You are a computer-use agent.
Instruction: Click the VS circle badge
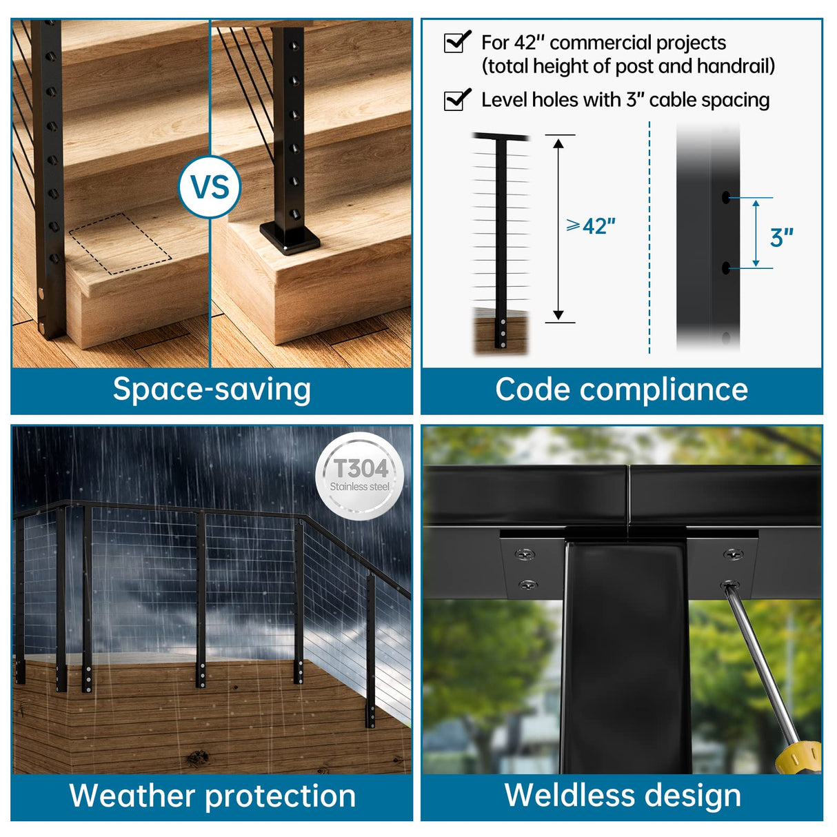coord(210,187)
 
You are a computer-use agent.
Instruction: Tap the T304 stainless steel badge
coord(359,476)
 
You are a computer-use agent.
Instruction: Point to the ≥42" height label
coord(591,226)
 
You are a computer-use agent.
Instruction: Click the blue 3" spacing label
coord(781,238)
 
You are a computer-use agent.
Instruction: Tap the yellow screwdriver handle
coord(800,757)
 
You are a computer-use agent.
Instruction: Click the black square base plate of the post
coord(290,238)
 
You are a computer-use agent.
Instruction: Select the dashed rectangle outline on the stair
coord(120,243)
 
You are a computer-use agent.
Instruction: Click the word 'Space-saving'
coord(212,390)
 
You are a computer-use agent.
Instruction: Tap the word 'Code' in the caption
coord(533,390)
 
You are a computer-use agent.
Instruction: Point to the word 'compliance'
coord(663,390)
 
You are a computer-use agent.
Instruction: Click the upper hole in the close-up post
coord(725,198)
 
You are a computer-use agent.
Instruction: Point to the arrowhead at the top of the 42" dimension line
coord(558,143)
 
